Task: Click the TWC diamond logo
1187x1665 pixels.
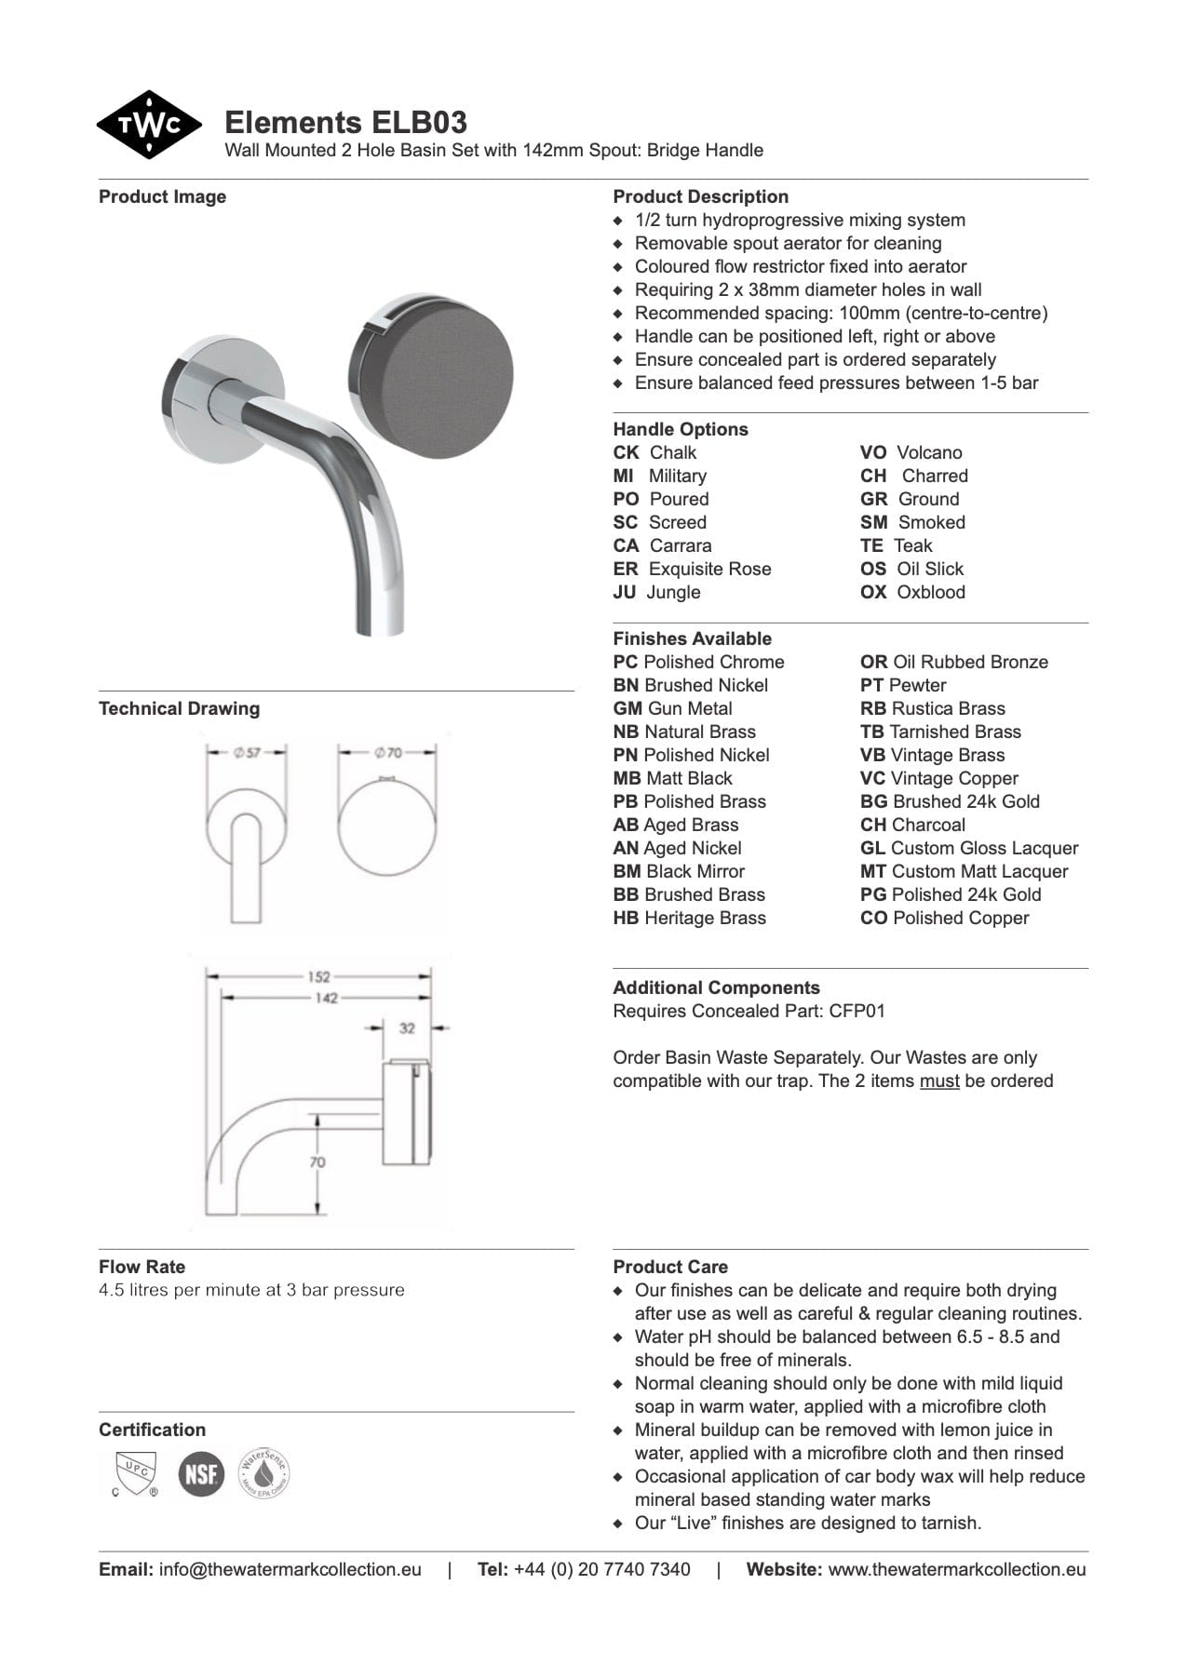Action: point(149,125)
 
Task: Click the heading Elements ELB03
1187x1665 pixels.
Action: point(345,123)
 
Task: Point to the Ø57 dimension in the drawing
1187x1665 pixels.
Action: point(248,752)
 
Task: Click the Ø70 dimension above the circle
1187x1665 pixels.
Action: point(388,752)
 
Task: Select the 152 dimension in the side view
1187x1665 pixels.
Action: point(318,976)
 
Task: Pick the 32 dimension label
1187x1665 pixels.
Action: point(407,1028)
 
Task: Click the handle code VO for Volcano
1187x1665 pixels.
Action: point(872,452)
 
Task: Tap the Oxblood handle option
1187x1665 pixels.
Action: point(930,592)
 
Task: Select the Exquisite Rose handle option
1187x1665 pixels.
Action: point(709,569)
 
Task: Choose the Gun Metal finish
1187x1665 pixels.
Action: point(689,708)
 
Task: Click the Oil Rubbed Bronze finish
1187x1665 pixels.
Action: point(969,662)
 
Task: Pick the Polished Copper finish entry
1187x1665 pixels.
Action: point(960,918)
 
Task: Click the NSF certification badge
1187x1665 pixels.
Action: point(201,1474)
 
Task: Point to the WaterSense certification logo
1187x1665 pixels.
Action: point(264,1472)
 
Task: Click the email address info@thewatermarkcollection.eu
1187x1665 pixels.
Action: point(290,1569)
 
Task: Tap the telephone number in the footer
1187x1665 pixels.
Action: point(601,1569)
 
